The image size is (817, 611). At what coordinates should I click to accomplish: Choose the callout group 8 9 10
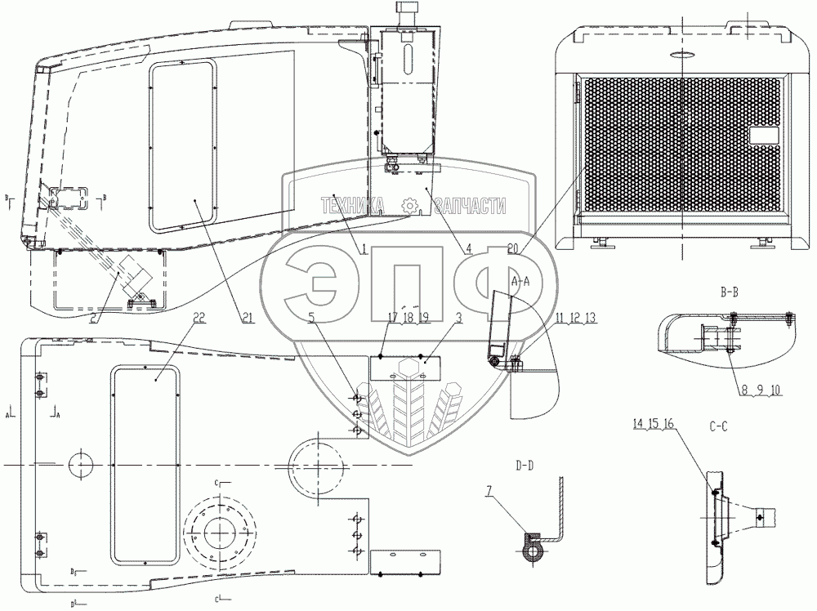761,390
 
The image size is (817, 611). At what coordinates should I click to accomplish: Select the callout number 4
469,251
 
